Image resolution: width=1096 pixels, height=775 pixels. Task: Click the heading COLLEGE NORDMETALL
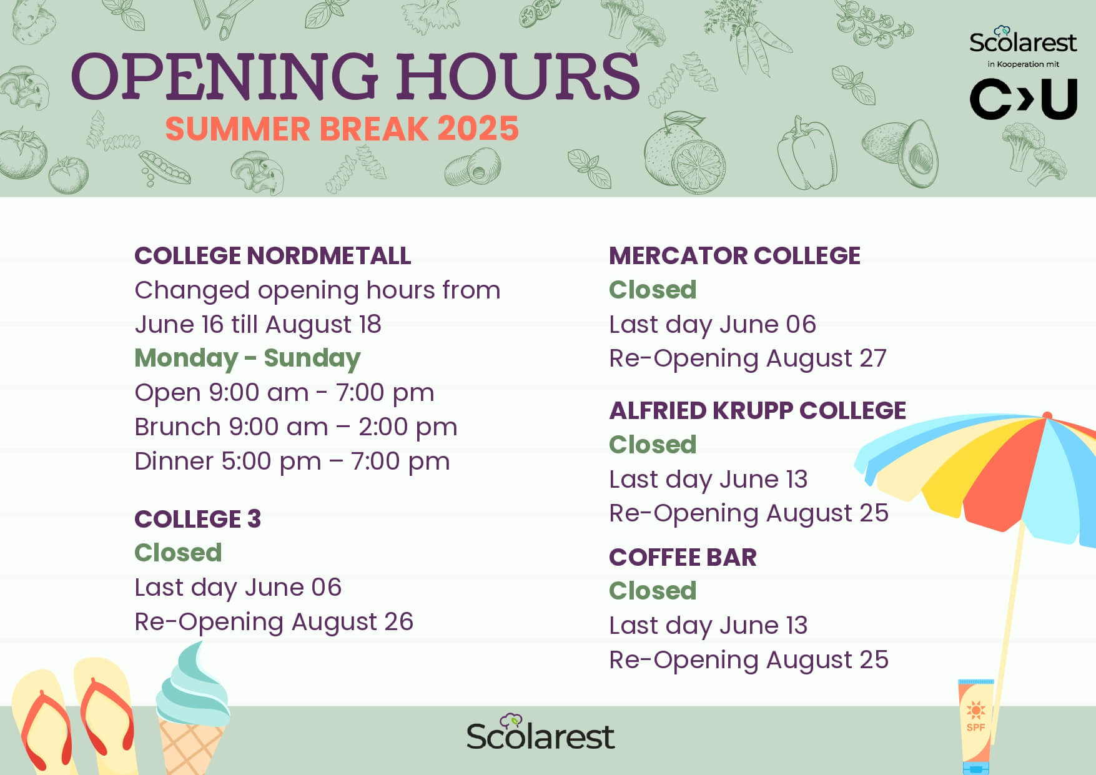(273, 255)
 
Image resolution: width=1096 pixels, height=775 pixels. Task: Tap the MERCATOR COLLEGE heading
(734, 255)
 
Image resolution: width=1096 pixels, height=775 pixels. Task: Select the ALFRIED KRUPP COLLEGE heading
(758, 410)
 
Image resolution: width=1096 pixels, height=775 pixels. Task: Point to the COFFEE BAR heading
(683, 557)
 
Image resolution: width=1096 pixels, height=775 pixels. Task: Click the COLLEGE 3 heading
(198, 519)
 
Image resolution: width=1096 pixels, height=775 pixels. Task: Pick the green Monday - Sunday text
(247, 358)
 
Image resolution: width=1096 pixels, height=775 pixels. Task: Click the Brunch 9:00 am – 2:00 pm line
(296, 427)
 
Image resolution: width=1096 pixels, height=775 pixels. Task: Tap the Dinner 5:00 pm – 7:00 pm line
(292, 462)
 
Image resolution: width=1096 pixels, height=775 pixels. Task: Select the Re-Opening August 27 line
(748, 359)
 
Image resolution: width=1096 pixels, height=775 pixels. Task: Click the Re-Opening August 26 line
(274, 623)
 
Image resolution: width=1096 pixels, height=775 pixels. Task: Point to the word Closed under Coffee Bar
(653, 591)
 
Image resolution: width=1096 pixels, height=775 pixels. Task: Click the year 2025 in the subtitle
(478, 129)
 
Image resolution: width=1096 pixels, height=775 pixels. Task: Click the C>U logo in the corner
(1024, 99)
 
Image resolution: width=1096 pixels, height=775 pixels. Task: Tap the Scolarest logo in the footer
(540, 733)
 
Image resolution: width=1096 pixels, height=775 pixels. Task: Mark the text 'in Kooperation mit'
(1023, 64)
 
